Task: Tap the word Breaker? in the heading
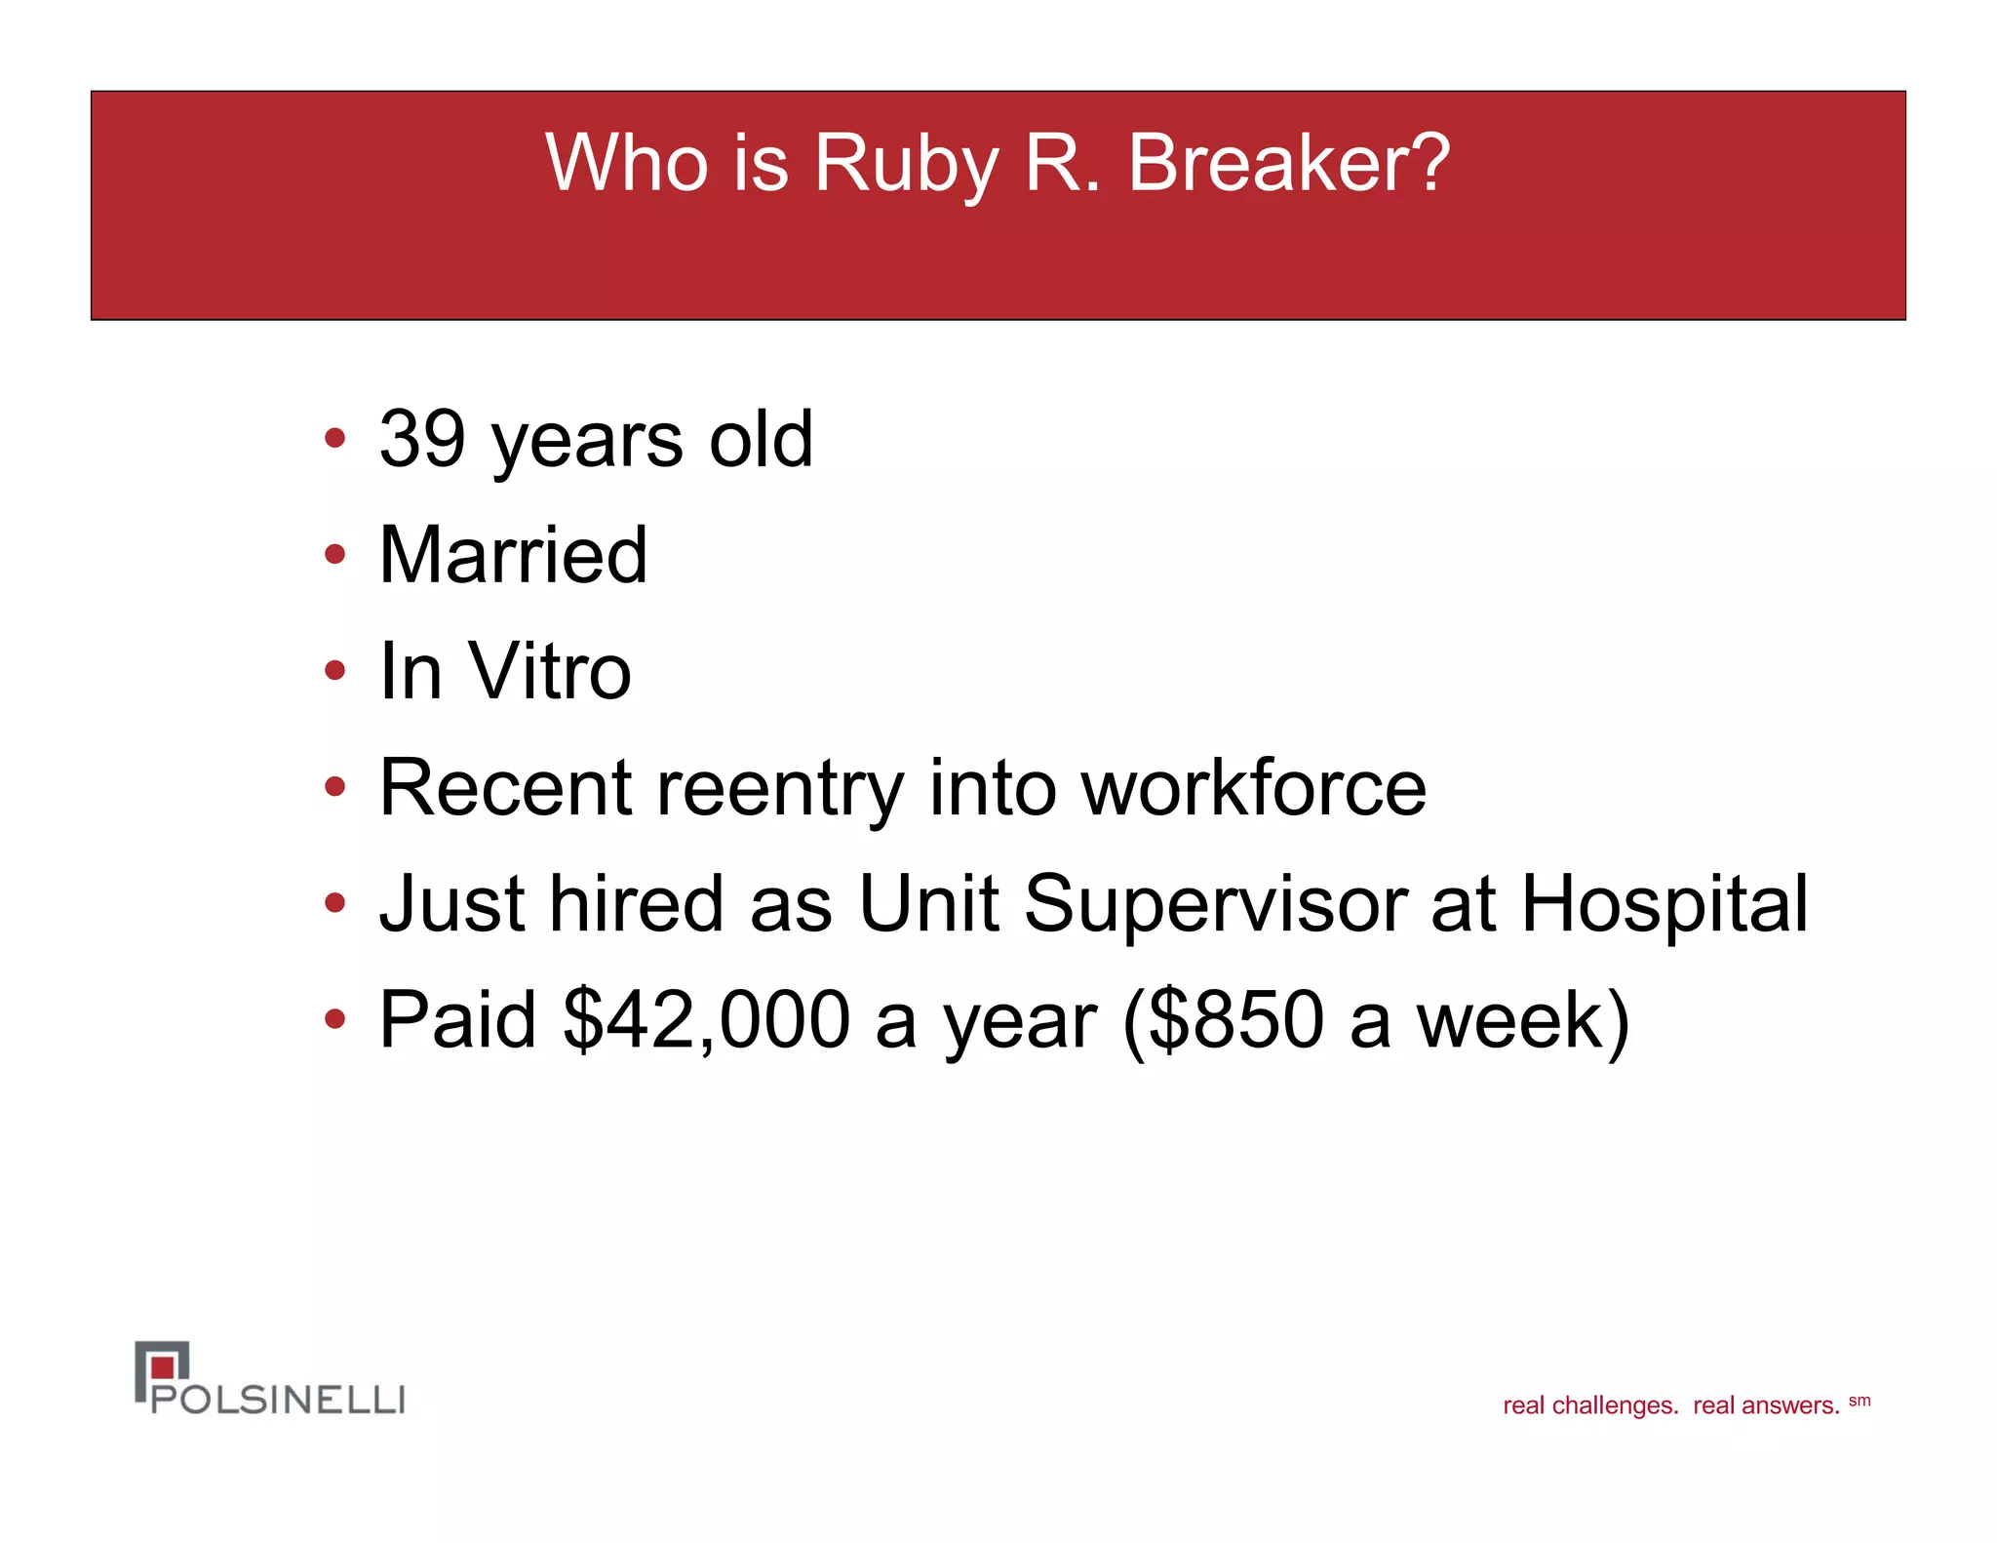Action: tap(1288, 163)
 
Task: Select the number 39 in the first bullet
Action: tap(422, 439)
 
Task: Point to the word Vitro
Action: tap(551, 671)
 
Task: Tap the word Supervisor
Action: tap(1215, 904)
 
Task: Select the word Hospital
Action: tap(1664, 904)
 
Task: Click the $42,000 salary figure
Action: tap(707, 1019)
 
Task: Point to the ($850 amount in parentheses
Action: tap(1223, 1019)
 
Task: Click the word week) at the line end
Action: tap(1522, 1019)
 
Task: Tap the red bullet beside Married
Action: tap(334, 554)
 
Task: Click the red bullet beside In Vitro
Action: tap(334, 670)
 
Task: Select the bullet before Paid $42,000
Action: tap(334, 1019)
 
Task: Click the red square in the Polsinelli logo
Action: tap(164, 1366)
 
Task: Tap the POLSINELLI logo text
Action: tap(278, 1400)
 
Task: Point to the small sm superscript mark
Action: tap(1859, 1401)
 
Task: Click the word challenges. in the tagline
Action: tap(1615, 1405)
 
